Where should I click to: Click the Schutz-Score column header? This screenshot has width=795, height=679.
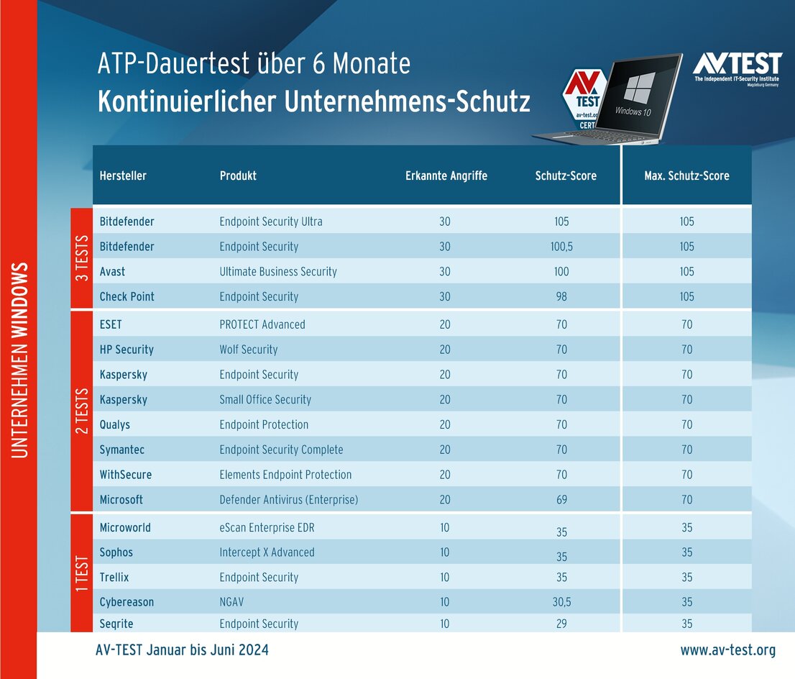566,176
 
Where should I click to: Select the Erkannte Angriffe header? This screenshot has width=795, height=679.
446,176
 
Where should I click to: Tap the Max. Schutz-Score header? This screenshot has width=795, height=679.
686,176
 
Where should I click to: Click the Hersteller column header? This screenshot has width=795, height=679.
123,176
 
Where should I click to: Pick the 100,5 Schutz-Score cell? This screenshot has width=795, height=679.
561,247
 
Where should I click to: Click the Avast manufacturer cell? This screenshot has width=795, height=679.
112,272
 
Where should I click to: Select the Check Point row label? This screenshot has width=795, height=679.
127,296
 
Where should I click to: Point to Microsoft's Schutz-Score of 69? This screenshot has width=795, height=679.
561,500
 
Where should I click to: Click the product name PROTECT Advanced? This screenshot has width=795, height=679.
262,324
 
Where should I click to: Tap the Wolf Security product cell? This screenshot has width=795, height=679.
249,350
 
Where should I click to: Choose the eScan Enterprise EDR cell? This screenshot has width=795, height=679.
267,528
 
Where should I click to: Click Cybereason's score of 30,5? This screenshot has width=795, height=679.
561,603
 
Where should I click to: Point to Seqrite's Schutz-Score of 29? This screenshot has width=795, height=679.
561,624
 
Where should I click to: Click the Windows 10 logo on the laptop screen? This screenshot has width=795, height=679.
638,88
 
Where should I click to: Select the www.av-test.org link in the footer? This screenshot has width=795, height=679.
728,650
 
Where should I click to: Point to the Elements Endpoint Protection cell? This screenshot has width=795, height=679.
285,475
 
